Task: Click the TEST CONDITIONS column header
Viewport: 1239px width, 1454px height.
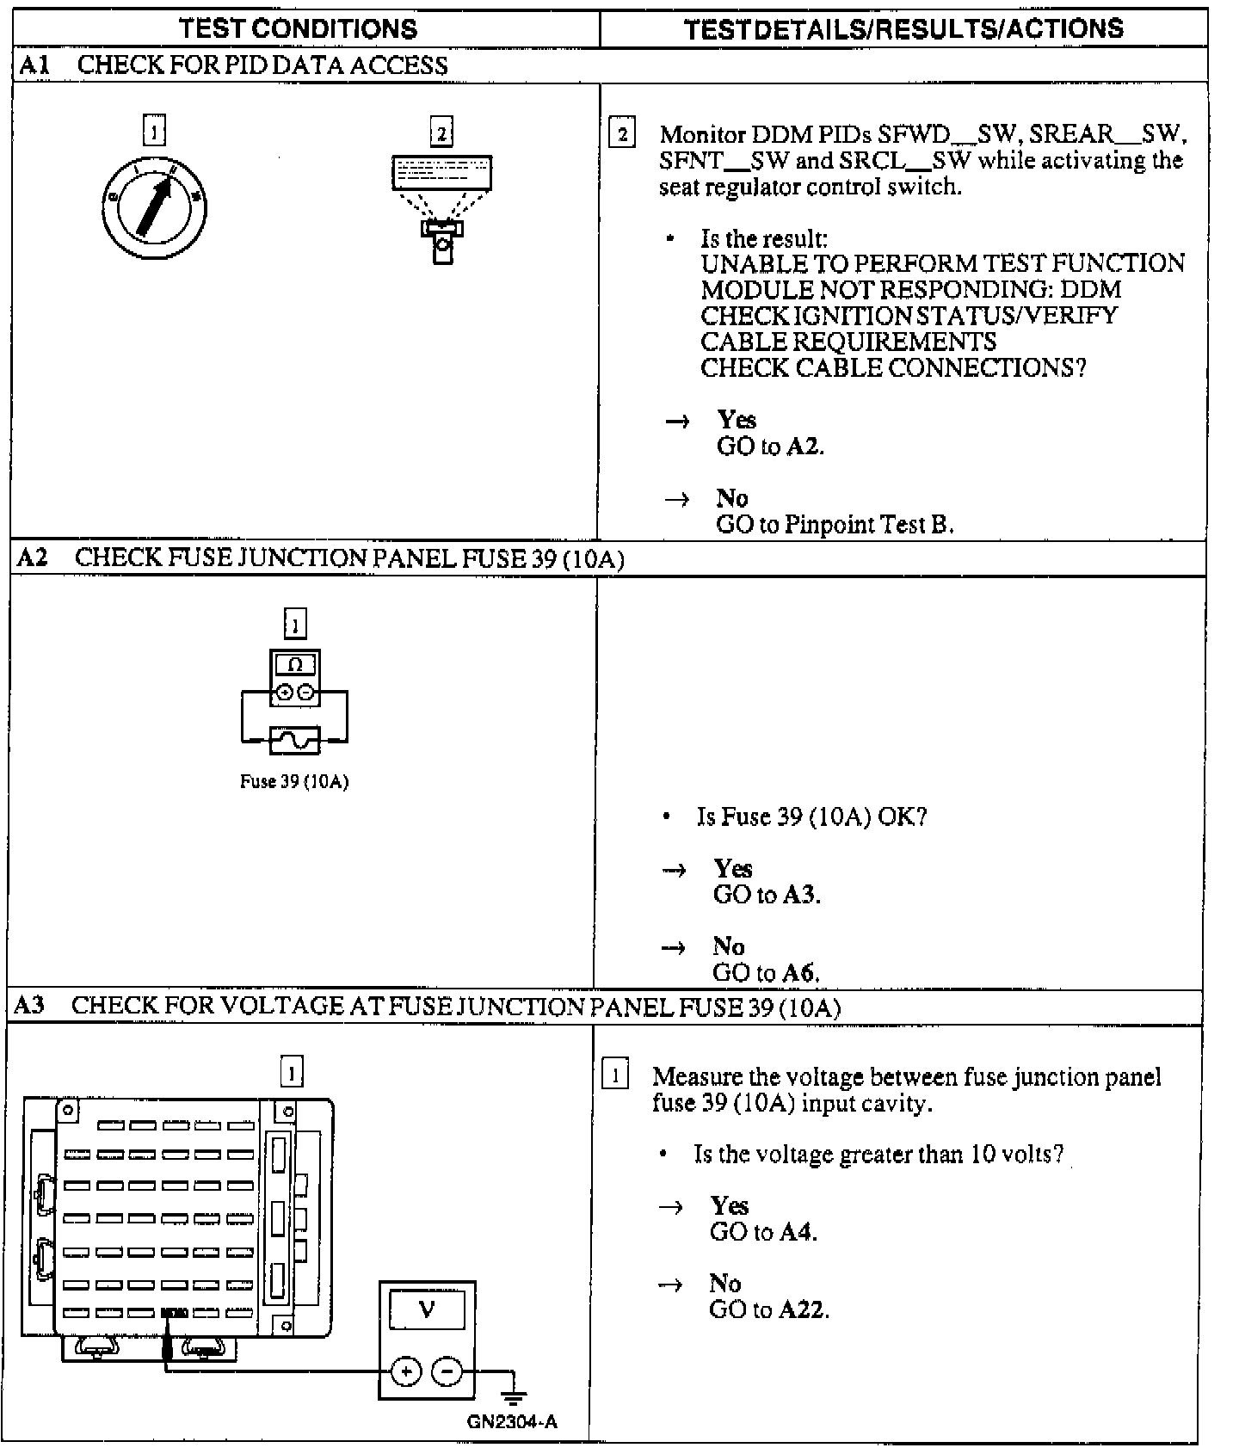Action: pos(298,28)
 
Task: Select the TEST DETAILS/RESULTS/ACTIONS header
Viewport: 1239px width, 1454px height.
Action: pos(903,28)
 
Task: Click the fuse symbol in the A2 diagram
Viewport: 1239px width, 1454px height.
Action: pos(295,740)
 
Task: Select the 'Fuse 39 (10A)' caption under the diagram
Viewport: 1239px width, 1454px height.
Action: pos(294,782)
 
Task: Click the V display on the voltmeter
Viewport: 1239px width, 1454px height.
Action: pos(427,1310)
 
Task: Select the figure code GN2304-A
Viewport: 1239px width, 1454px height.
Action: pos(512,1421)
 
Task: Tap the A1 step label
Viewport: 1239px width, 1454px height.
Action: pos(34,65)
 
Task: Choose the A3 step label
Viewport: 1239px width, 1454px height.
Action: pos(30,1005)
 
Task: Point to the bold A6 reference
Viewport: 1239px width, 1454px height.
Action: pos(798,973)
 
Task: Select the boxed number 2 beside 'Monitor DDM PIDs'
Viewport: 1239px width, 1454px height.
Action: pos(621,134)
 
